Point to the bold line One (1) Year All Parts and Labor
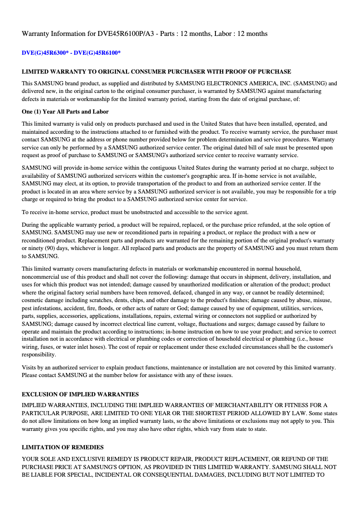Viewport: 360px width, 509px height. [65, 111]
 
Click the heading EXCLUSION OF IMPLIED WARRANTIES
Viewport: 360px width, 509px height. [80, 394]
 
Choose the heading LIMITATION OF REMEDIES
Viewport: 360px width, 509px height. [63, 447]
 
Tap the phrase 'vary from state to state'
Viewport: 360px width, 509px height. [236, 429]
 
